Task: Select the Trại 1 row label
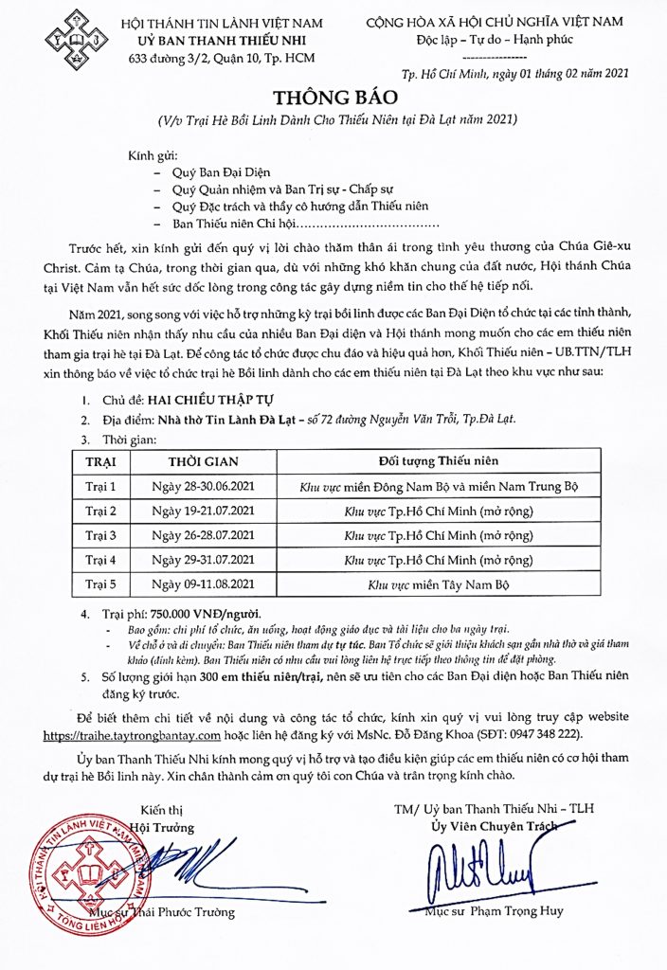pyautogui.click(x=100, y=487)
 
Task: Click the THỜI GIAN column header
pyautogui.click(x=203, y=461)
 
